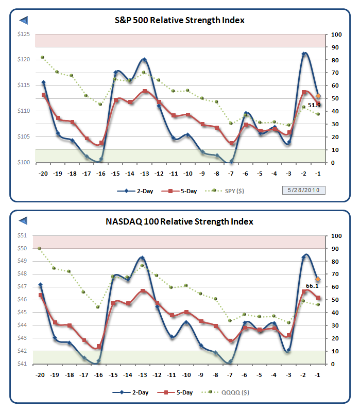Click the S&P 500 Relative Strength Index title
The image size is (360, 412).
coord(179,20)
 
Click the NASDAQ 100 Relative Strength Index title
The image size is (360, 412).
coord(179,221)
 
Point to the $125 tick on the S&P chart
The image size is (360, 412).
coord(23,35)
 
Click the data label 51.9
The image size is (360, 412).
coord(314,105)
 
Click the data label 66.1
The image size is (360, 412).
coord(312,286)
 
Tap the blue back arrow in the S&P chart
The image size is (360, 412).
coord(23,20)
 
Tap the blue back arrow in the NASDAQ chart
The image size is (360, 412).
coord(23,221)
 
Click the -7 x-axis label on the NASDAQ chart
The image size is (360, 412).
coord(231,375)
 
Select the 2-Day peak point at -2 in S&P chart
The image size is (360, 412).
coord(304,54)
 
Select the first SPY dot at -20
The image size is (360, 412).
coord(42,57)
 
